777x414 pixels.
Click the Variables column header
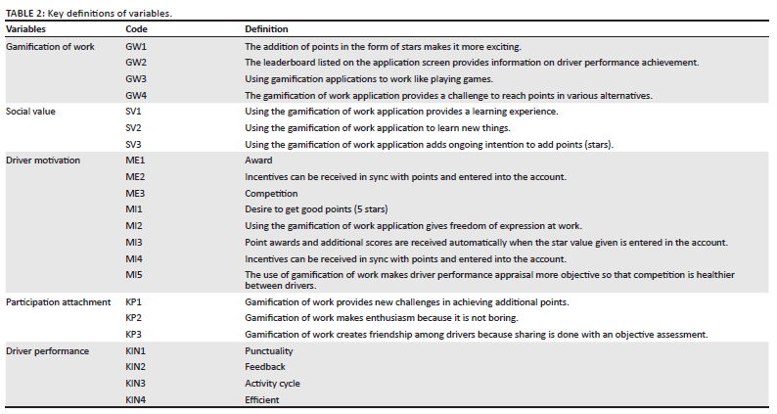point(27,29)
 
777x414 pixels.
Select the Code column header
point(136,29)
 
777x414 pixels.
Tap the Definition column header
point(265,29)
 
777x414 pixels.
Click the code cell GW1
point(136,46)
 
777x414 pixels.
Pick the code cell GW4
point(136,95)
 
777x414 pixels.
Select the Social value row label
point(32,112)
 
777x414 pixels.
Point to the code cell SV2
point(134,128)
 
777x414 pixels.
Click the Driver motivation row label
point(42,161)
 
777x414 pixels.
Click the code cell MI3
point(134,242)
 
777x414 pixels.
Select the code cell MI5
point(134,275)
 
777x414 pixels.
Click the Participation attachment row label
point(59,302)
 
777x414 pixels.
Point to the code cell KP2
point(134,319)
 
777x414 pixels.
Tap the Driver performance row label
point(47,350)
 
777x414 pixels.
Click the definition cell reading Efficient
point(262,399)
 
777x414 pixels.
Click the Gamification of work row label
point(50,46)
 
